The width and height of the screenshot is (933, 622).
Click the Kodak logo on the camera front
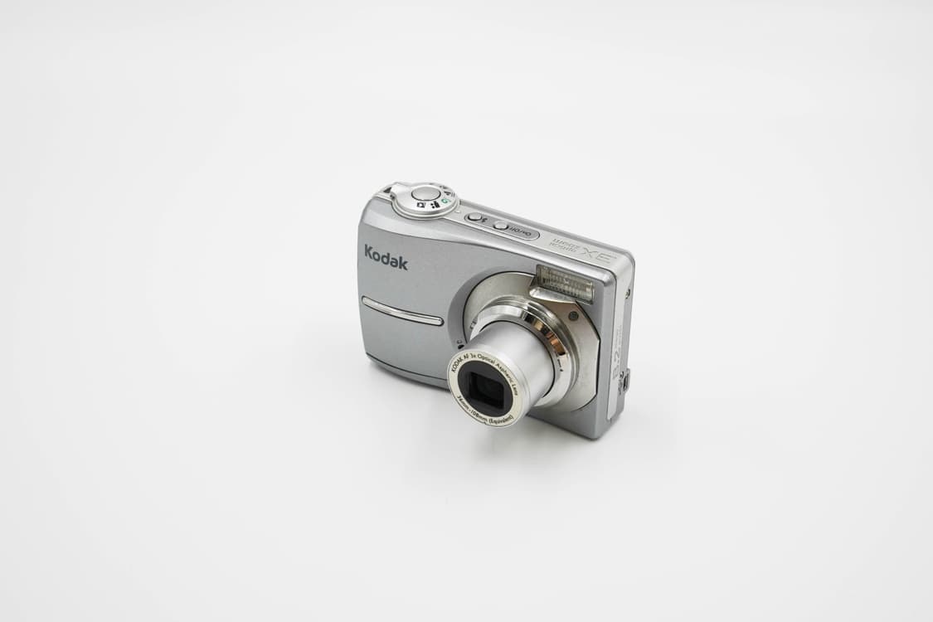click(x=386, y=258)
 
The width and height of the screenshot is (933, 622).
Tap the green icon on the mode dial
click(x=445, y=200)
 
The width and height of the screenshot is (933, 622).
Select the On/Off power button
click(x=500, y=226)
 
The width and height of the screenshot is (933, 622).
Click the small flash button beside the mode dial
click(x=475, y=218)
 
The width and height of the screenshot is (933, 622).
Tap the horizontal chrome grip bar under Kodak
click(x=402, y=312)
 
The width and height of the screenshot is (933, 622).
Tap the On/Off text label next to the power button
click(x=518, y=232)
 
